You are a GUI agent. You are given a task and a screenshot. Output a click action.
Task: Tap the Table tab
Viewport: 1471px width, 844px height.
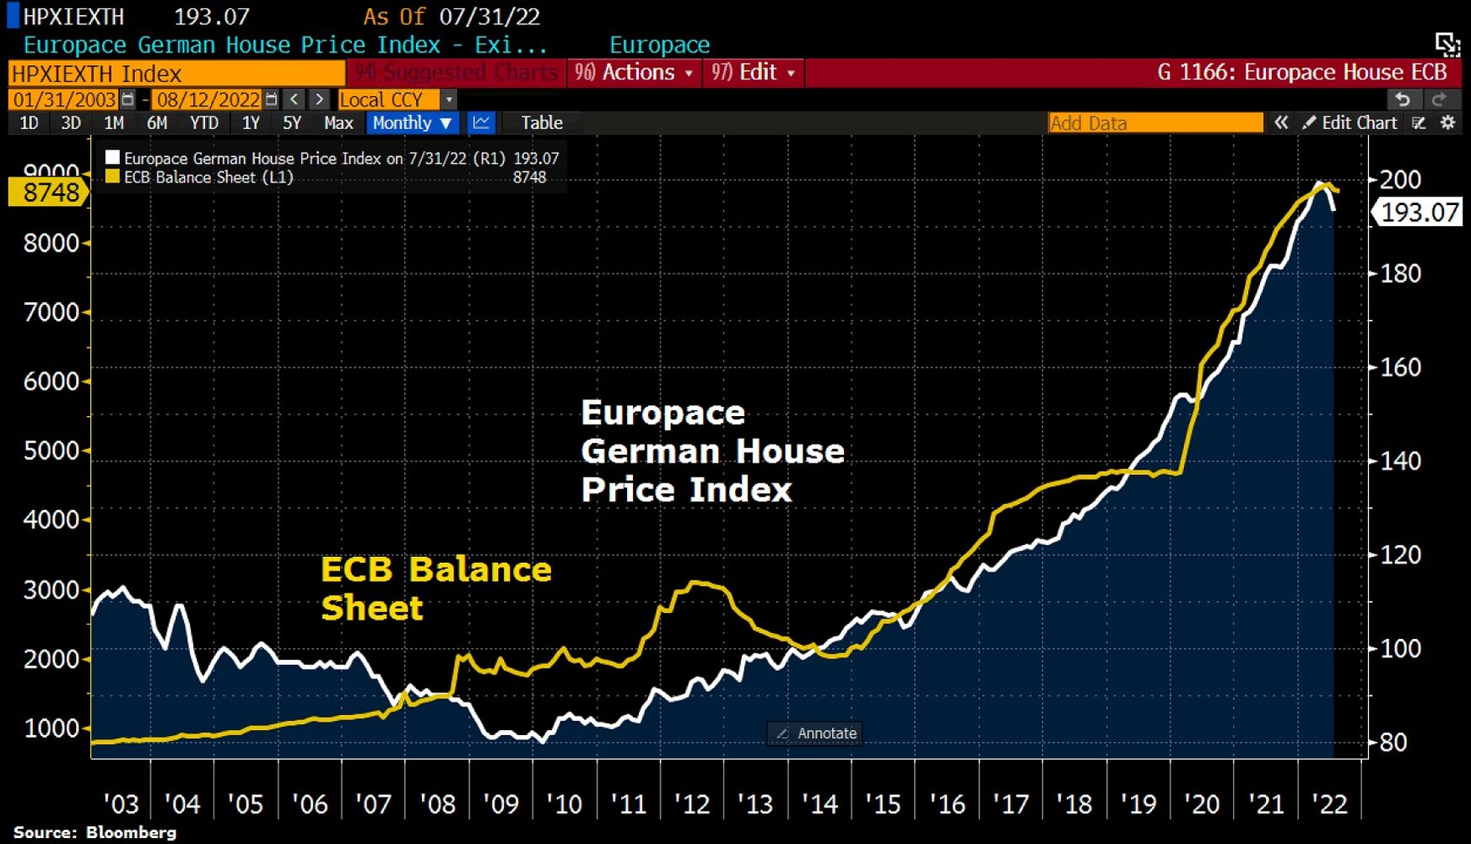[541, 123]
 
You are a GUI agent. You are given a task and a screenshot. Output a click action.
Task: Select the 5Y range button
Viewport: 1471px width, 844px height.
[292, 123]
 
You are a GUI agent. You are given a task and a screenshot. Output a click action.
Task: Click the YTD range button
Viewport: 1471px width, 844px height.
[203, 123]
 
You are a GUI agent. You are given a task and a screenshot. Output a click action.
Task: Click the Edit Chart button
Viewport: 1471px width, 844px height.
[1349, 123]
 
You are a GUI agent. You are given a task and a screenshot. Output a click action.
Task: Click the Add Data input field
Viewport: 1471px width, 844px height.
[1155, 123]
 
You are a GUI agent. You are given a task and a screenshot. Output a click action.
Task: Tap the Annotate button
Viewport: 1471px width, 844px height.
[816, 733]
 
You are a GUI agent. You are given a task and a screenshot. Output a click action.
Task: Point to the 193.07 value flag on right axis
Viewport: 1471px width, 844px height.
[1420, 212]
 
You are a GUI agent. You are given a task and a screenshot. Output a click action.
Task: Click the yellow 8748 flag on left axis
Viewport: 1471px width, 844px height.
[49, 192]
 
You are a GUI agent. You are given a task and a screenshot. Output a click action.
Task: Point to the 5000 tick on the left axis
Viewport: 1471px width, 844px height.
[51, 451]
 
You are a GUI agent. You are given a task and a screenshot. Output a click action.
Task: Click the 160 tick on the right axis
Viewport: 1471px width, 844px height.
[1400, 367]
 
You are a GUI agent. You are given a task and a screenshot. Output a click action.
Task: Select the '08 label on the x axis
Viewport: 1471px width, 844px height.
[437, 804]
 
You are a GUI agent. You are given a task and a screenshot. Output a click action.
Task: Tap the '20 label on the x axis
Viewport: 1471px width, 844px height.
[1201, 804]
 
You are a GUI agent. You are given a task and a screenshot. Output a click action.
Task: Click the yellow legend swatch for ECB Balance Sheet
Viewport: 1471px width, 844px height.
[112, 177]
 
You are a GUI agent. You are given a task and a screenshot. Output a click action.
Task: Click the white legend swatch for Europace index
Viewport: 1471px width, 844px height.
[112, 158]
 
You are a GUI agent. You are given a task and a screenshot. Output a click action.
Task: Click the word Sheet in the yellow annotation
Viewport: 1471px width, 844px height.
[372, 609]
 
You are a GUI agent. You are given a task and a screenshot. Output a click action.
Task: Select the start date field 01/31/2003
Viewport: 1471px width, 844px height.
[64, 100]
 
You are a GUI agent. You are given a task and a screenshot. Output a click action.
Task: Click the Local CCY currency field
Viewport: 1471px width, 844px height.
[387, 100]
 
